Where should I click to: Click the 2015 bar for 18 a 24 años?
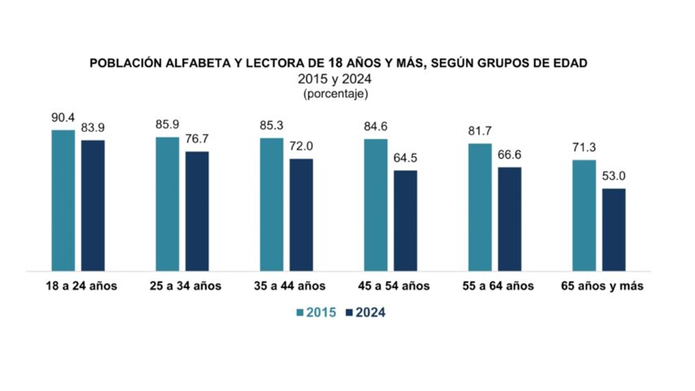point(63,200)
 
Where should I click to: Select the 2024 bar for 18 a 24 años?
point(93,205)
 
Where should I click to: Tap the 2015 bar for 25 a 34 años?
point(167,204)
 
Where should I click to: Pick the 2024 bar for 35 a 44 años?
point(301,215)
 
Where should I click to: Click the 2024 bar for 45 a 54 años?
point(405,220)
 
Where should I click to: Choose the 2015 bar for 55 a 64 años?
point(480,207)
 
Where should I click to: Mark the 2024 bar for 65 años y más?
point(614,229)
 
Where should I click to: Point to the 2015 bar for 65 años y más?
point(583,215)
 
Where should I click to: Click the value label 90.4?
point(63,118)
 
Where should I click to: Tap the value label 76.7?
point(197,139)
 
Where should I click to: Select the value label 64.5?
point(405,159)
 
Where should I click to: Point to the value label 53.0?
point(614,177)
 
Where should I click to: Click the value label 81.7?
point(480,132)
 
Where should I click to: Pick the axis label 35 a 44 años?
point(290,286)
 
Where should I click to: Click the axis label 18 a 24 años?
point(81,286)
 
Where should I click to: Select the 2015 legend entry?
point(317,313)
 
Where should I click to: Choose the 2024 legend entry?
point(365,313)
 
